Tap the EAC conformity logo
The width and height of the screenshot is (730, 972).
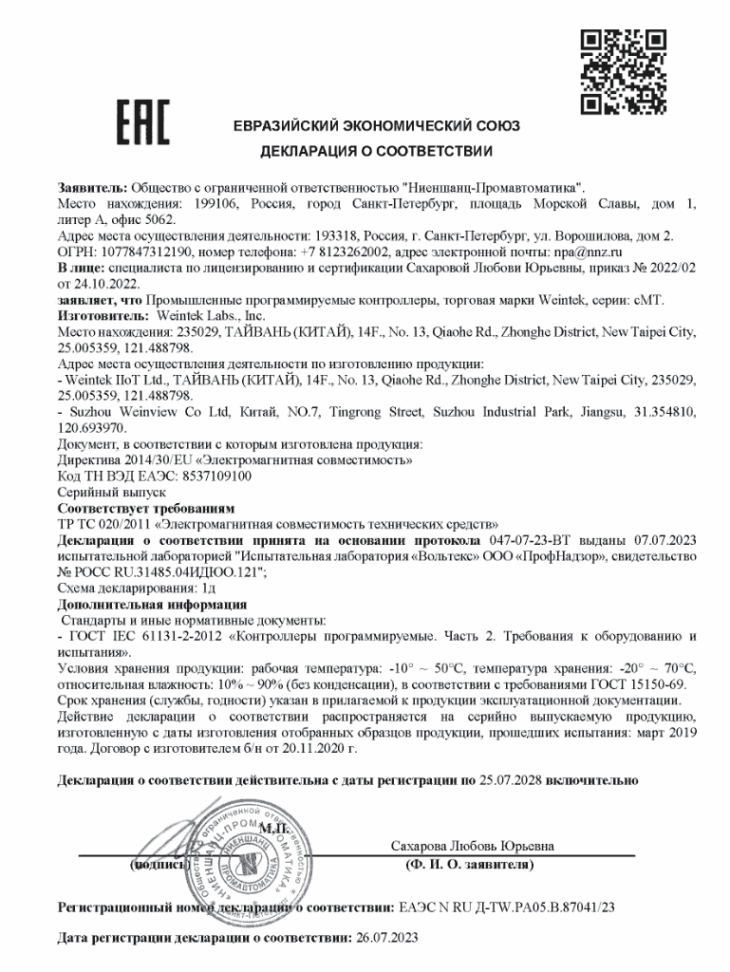tap(142, 124)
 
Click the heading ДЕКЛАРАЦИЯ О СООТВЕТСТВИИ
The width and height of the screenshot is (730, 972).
tap(377, 151)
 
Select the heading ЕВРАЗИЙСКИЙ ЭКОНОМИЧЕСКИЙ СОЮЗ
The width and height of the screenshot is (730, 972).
tap(377, 126)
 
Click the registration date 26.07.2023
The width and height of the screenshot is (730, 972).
tap(386, 938)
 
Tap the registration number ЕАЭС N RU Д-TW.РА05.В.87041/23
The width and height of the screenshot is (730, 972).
tap(507, 907)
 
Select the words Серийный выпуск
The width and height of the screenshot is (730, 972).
tap(100, 492)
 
